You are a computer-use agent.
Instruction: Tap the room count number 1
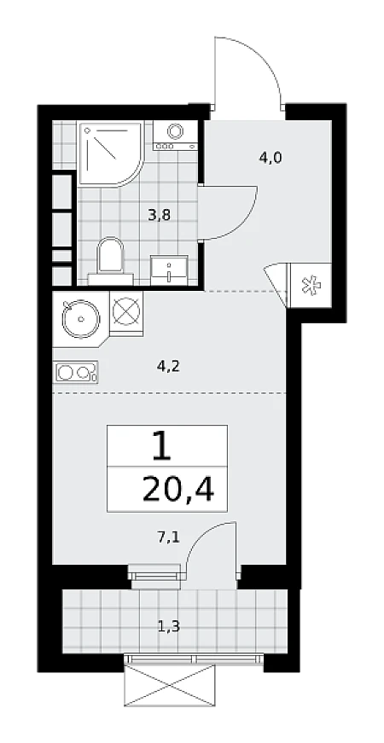(161, 446)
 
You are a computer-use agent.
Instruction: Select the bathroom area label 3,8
(159, 216)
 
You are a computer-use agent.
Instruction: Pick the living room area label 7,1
(168, 537)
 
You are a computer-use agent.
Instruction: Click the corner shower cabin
(111, 154)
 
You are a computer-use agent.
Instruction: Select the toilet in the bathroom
(110, 262)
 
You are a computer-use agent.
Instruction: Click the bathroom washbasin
(169, 270)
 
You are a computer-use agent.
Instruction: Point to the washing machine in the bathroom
(175, 136)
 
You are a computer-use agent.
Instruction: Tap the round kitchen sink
(80, 319)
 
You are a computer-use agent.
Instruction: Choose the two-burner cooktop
(76, 372)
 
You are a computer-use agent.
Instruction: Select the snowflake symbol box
(311, 286)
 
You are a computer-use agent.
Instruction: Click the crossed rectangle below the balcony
(170, 685)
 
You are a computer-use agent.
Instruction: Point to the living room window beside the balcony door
(155, 576)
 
